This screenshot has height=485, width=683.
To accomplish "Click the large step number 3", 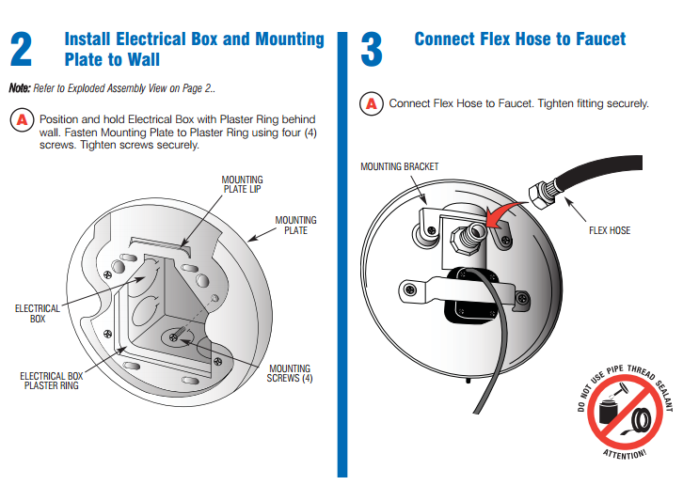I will (372, 50).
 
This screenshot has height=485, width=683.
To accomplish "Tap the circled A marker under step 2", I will (22, 120).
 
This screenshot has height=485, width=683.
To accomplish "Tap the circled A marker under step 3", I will (373, 103).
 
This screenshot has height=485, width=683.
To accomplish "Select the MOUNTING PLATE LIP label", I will (242, 184).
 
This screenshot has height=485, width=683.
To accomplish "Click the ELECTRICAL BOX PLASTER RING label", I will (51, 382).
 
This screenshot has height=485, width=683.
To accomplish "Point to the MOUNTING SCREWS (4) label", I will (290, 373).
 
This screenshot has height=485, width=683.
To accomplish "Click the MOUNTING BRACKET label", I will (400, 167).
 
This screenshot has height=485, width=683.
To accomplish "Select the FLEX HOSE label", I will (609, 230).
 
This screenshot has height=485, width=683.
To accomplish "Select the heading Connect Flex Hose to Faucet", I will (519, 39).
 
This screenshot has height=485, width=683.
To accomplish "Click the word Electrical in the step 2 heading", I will (163, 39).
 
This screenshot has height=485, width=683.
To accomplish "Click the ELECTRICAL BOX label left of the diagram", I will (38, 314).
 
